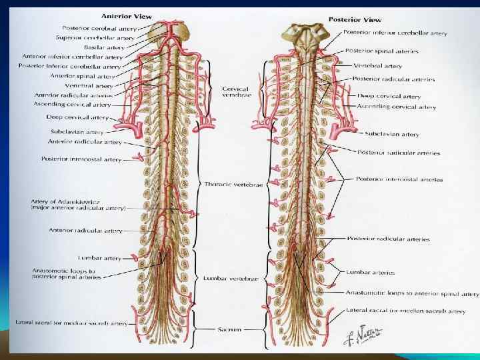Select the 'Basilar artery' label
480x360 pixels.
101,47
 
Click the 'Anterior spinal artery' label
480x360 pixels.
93,76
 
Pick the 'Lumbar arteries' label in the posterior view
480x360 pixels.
370,272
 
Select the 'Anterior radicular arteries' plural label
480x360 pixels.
65,95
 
